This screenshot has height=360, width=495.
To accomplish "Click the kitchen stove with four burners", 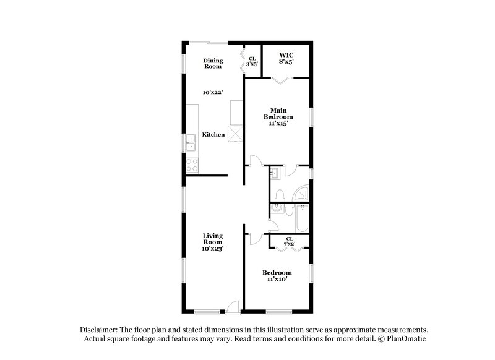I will tap(191, 165).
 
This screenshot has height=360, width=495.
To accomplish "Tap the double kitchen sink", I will tap(191, 146).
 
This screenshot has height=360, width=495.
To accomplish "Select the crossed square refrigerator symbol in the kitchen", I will tap(235, 134).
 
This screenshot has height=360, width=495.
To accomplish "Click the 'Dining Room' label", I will tap(213, 63).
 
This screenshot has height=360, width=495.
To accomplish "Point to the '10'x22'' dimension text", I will tap(213, 92).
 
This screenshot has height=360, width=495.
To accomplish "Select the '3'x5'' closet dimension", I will tap(252, 64).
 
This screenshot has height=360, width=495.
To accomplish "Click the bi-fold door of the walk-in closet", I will tap(282, 80).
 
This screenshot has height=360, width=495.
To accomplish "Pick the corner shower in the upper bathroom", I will tap(301, 194).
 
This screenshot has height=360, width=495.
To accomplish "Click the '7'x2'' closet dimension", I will tap(290, 244).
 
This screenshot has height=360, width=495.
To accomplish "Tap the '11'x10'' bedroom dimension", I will tap(277, 280).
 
